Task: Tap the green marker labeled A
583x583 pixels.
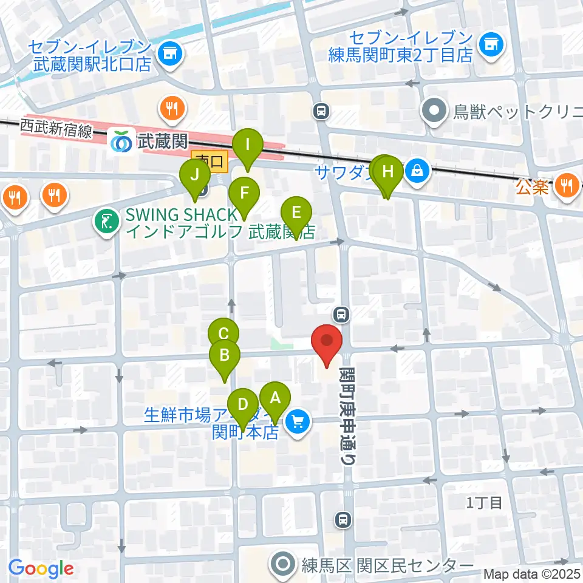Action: coord(274,399)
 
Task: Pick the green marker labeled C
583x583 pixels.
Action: coord(223,334)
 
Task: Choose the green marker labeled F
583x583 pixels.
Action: coord(244,194)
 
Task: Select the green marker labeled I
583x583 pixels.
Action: coord(248,146)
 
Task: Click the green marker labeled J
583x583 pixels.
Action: coord(195,176)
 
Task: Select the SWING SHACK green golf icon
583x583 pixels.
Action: coord(107,222)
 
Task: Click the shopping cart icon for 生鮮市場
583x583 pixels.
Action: coord(297,421)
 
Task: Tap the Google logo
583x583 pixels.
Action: coord(41,568)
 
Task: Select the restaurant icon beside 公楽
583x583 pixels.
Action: coord(567,183)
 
